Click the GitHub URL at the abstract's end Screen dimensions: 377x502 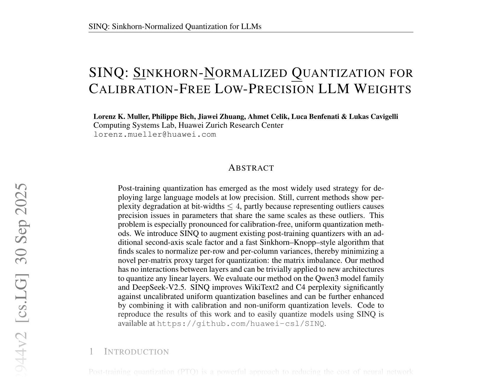241,323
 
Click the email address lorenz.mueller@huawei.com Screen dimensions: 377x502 155,135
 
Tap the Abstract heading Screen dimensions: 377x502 251,168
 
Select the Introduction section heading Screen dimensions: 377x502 136,352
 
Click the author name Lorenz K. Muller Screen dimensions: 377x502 121,117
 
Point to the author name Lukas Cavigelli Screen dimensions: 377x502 373,117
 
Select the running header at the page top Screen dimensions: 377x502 175,27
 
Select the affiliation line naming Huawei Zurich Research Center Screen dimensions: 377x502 188,125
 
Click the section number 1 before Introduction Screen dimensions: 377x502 92,352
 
